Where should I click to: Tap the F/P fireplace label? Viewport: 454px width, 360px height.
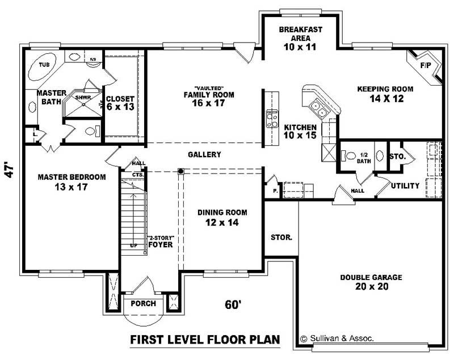tap(426, 66)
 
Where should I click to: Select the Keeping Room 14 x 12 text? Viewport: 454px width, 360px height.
tap(385, 94)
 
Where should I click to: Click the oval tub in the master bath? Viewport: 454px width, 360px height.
tap(44, 64)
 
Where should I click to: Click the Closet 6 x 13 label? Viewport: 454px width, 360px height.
tap(120, 101)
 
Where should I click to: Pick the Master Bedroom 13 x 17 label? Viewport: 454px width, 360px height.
tap(72, 182)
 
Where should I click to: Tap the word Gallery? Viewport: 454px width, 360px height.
tap(204, 154)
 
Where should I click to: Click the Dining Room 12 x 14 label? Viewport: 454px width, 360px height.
tap(222, 218)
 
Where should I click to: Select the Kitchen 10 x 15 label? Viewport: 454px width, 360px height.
tap(299, 132)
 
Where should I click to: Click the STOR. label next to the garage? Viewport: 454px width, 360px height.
tap(281, 237)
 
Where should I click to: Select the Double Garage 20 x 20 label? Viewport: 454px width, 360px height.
tap(371, 282)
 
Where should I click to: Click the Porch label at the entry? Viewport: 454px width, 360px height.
tap(143, 303)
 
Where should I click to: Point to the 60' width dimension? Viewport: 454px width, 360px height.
tap(233, 305)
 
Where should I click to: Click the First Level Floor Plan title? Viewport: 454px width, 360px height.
tap(205, 340)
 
